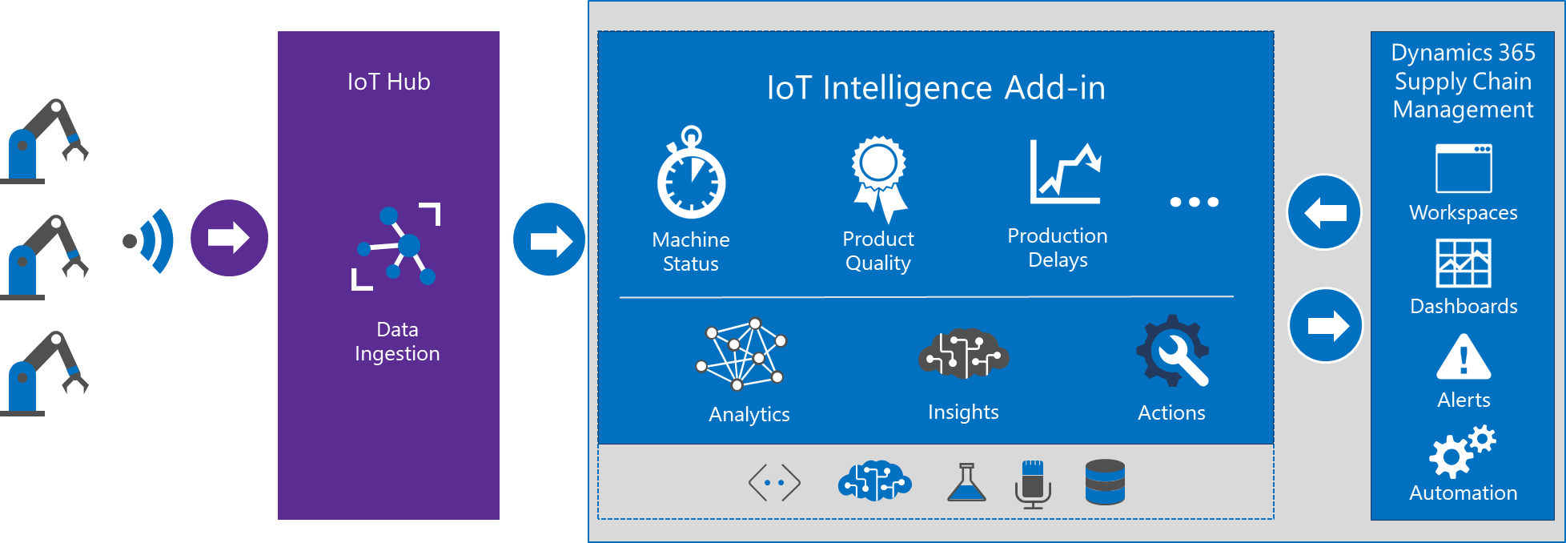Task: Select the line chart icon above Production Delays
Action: point(1065,171)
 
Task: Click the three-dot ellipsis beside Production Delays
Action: point(1194,202)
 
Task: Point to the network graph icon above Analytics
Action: point(741,354)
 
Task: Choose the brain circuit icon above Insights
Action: point(963,353)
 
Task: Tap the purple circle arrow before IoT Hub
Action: point(229,238)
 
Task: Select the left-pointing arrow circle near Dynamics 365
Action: point(1324,212)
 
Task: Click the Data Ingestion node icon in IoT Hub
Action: point(396,246)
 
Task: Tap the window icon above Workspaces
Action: point(1464,168)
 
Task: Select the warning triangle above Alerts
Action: point(1464,357)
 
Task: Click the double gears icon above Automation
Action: point(1462,452)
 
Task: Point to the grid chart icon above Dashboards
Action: point(1464,263)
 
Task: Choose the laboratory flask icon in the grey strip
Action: point(966,482)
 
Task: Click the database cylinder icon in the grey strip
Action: point(1105,482)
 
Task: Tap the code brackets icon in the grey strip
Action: point(774,483)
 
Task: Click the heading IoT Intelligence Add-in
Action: point(936,87)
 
